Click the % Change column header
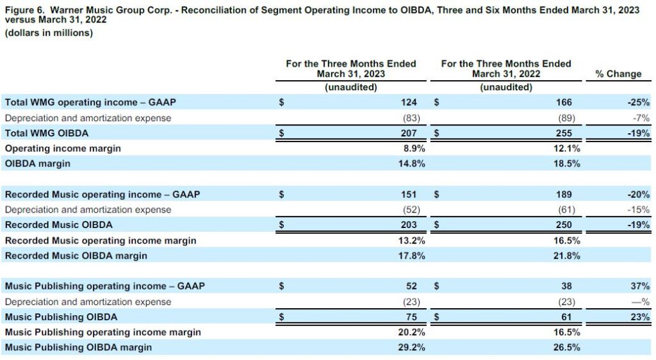click(618, 74)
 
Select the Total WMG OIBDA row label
click(46, 133)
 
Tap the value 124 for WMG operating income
click(409, 102)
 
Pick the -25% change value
click(639, 102)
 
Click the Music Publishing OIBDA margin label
click(79, 348)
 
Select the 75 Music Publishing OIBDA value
click(411, 317)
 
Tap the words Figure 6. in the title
click(24, 10)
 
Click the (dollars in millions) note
click(49, 33)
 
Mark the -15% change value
click(639, 209)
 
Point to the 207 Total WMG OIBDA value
click(409, 133)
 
